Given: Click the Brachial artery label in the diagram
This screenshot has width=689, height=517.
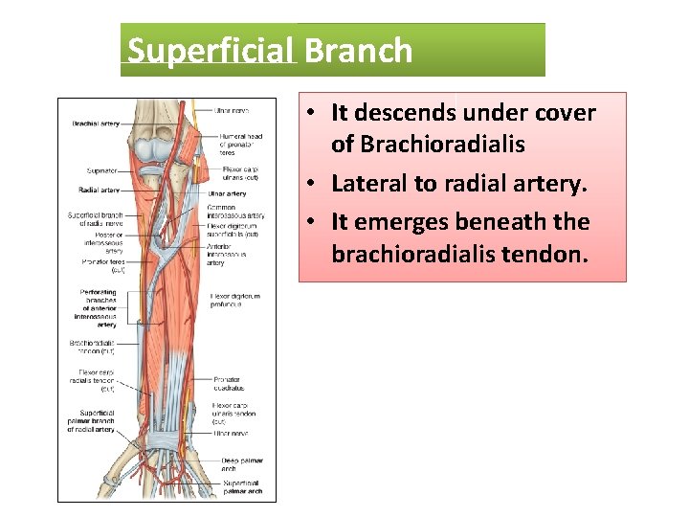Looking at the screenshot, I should point(96,124).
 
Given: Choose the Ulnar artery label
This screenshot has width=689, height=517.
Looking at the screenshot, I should point(228,194).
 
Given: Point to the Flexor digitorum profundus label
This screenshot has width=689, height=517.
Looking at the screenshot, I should point(234,302).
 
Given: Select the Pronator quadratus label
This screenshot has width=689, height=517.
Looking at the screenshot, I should point(230,384).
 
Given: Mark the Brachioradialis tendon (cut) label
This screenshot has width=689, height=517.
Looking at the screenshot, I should point(92,347).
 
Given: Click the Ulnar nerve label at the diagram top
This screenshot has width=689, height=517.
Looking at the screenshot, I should point(233,110).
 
